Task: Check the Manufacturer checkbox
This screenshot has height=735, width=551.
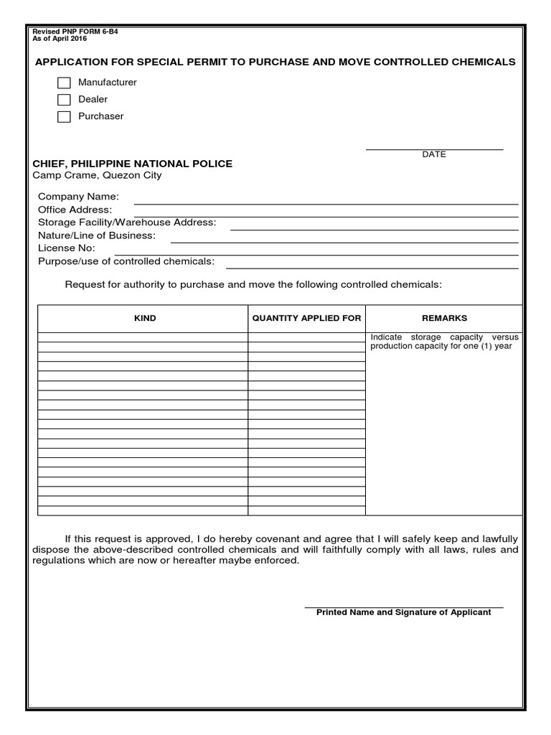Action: point(64,83)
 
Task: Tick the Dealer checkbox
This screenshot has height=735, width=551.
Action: point(64,100)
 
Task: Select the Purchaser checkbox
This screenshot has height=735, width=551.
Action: point(64,117)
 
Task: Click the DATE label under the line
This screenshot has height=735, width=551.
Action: point(434,154)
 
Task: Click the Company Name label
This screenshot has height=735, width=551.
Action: point(78,197)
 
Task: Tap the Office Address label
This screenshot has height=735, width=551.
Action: point(75,210)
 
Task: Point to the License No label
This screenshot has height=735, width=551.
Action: point(66,248)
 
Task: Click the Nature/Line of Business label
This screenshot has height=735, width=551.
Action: point(96,235)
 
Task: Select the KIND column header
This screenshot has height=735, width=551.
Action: point(145,318)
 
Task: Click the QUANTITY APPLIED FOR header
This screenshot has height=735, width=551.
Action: point(306,318)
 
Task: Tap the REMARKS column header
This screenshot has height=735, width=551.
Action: point(444,318)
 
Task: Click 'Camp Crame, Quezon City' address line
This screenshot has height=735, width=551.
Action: point(97,176)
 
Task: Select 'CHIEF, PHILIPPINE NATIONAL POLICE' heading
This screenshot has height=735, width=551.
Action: point(132,164)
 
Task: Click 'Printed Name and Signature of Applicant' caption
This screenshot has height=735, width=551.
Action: point(403,612)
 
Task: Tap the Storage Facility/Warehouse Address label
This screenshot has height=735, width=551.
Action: point(127,223)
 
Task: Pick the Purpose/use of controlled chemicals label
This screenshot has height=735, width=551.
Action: point(126,261)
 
